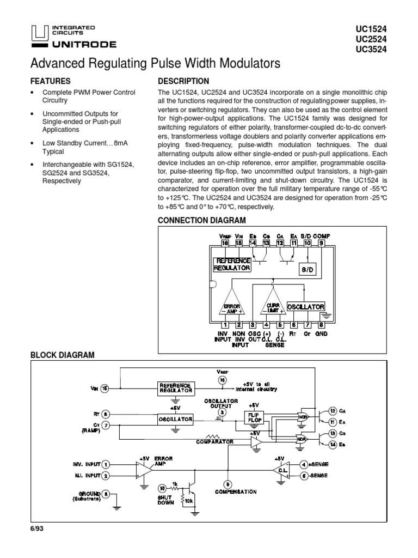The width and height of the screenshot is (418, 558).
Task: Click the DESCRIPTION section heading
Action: click(183, 81)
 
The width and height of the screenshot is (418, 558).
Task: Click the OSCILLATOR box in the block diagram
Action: click(175, 419)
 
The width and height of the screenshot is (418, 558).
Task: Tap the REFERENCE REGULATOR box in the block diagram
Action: click(175, 388)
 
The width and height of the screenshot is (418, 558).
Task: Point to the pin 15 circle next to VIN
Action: click(105, 388)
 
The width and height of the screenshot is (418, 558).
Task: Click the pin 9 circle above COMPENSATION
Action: click(227, 483)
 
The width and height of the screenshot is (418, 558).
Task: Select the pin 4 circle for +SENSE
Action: click(304, 464)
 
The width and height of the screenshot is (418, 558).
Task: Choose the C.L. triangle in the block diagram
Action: click(278, 470)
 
